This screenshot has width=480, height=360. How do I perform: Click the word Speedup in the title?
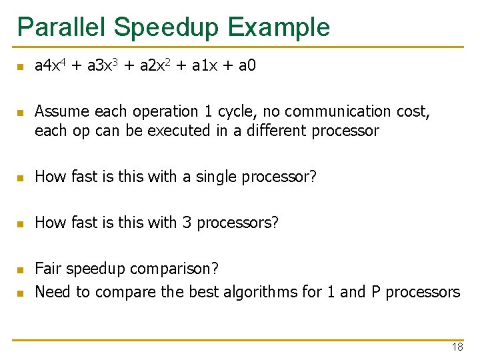(x=167, y=27)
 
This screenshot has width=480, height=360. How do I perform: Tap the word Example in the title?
(x=278, y=27)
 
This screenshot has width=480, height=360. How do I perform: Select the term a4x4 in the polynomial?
(x=50, y=65)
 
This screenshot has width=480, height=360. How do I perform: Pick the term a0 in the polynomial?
(x=246, y=65)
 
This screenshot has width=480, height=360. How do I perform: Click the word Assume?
(x=59, y=111)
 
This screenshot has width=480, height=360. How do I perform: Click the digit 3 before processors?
(x=186, y=223)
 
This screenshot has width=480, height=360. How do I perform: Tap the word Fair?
(x=47, y=269)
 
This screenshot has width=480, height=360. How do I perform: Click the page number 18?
(x=457, y=347)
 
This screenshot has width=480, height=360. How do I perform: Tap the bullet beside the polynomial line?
(x=20, y=67)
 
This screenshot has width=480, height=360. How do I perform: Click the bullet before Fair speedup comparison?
(x=20, y=270)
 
